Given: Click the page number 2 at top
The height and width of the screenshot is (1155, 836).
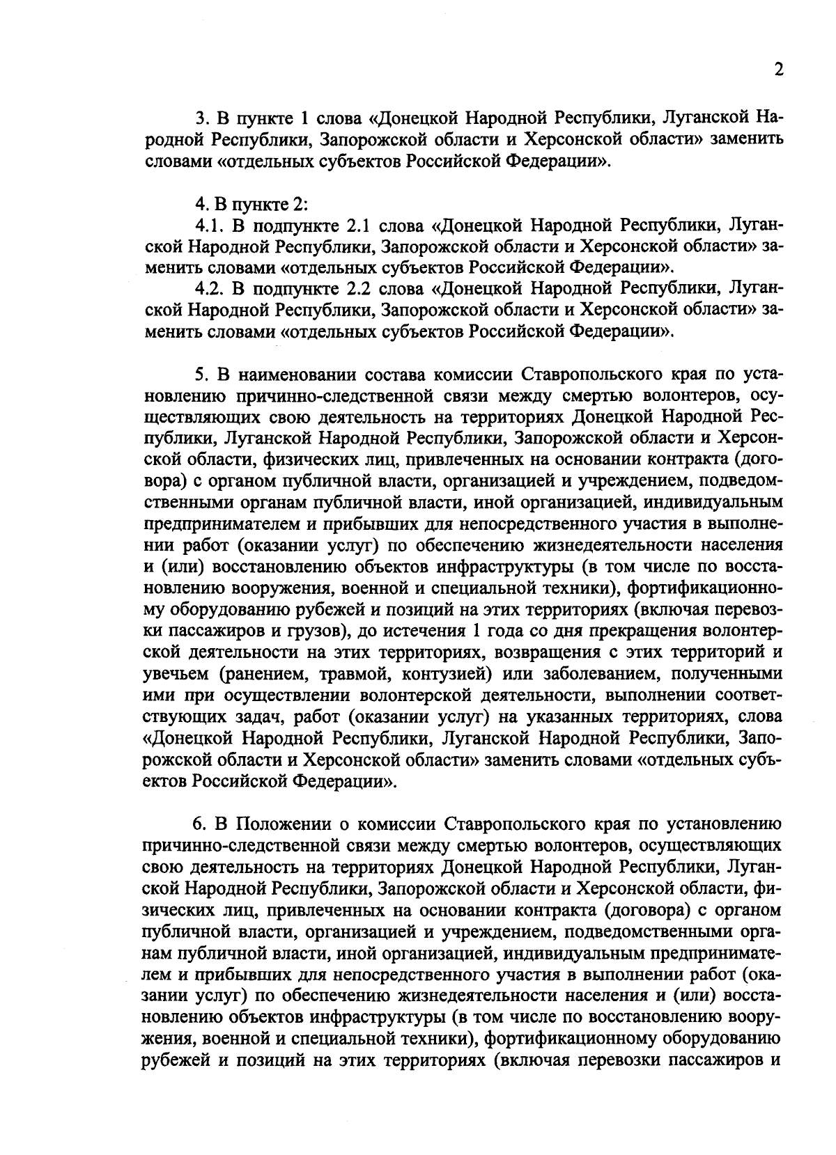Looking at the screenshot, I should (x=777, y=70).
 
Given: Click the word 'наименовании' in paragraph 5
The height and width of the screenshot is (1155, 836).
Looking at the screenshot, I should (x=296, y=375).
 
